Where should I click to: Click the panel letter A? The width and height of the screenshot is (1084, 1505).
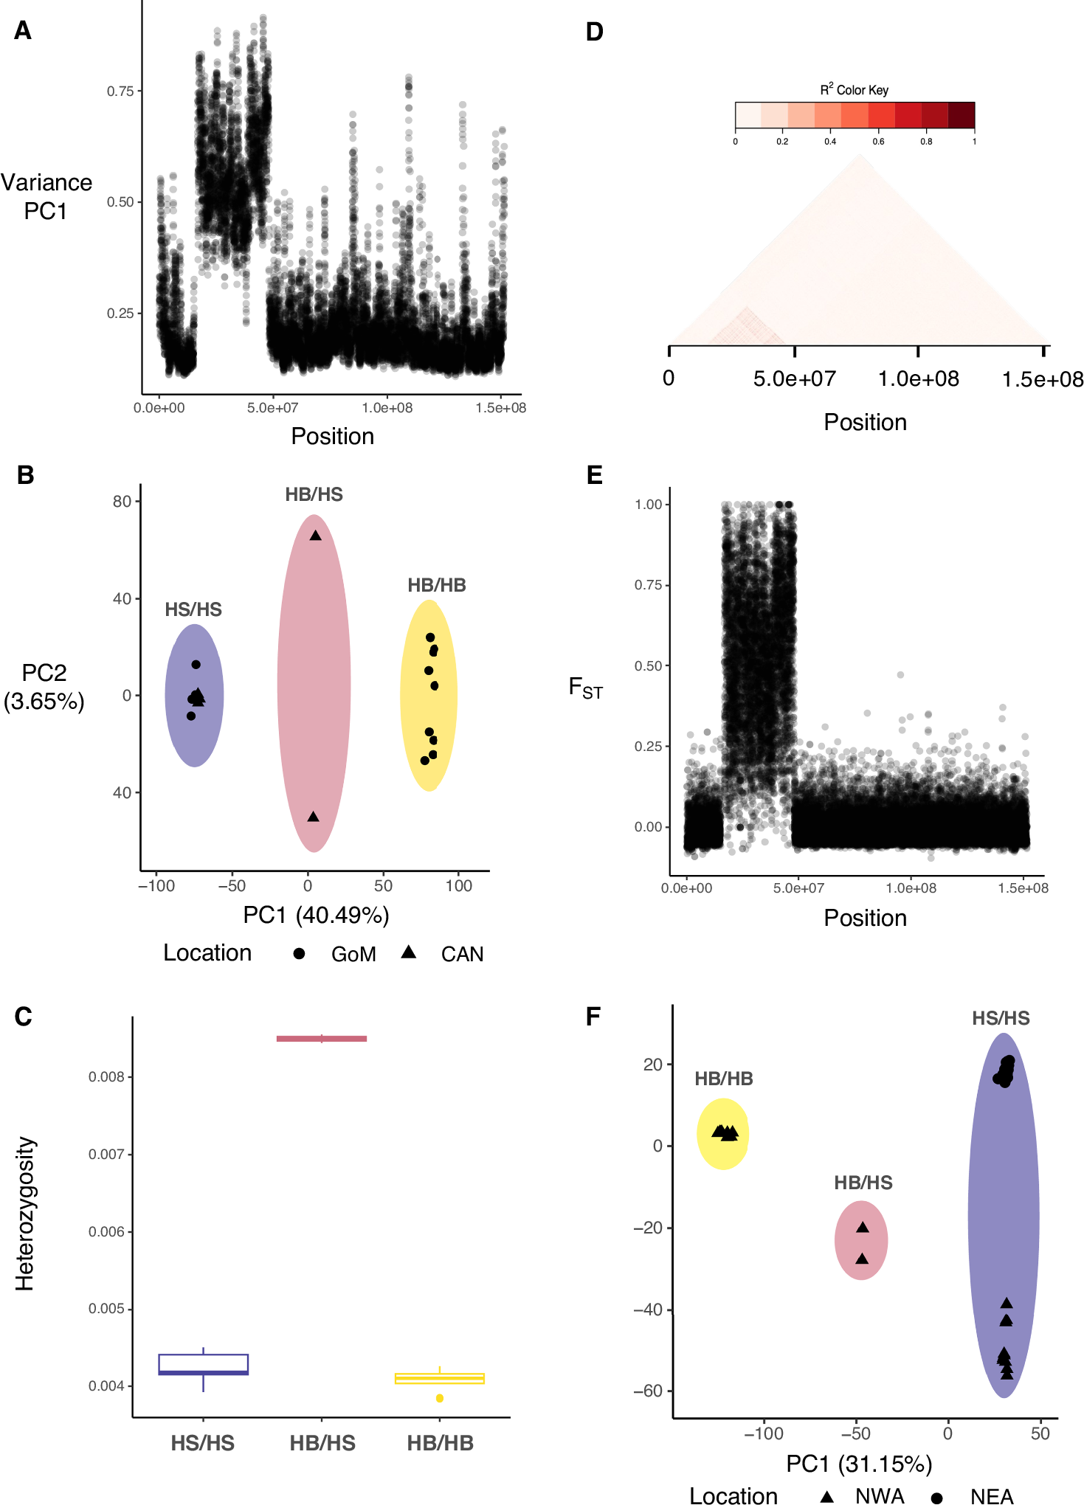point(23,31)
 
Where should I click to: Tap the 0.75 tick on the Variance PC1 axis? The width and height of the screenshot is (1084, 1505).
point(120,91)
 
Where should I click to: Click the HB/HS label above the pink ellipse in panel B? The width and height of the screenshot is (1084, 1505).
point(314,494)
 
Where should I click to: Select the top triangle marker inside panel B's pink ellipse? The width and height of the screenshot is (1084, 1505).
point(315,536)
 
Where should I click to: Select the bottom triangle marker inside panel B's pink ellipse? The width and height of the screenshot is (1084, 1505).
point(313,817)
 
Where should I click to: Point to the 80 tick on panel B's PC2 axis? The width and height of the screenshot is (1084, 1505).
point(122,502)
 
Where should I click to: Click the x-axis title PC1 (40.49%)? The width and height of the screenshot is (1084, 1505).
point(316,915)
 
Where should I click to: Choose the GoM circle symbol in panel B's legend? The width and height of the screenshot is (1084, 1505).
point(299,953)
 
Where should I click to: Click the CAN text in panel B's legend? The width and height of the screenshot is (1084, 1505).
point(462,954)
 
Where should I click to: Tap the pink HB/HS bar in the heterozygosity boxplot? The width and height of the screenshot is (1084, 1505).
point(322,1039)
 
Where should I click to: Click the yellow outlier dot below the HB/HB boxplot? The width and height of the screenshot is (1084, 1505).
point(440,1398)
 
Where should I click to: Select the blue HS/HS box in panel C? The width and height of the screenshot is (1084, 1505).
point(203,1364)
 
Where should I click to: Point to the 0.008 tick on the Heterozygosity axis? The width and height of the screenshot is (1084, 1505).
point(106,1077)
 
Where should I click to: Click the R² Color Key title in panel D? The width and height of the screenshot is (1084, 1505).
point(854,90)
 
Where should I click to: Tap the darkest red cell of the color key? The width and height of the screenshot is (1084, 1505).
point(961,115)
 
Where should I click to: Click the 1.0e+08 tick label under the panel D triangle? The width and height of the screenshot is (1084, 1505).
point(918,379)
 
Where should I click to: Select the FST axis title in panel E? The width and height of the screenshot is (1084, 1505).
point(585,688)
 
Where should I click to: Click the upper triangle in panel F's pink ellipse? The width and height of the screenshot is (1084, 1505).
point(863,1228)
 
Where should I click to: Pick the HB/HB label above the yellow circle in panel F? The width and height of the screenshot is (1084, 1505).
point(723,1079)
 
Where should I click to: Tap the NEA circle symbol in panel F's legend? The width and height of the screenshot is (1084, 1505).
point(936,1498)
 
